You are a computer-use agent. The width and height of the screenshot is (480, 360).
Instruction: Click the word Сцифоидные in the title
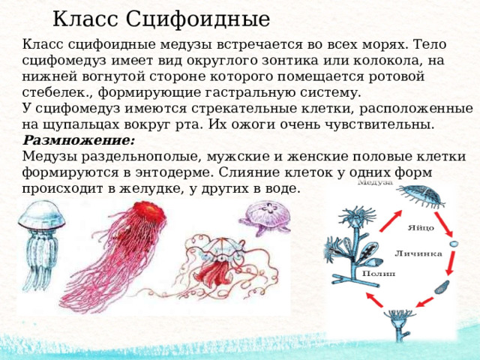pos(198,19)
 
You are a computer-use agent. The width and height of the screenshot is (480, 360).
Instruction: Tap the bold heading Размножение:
pos(78,140)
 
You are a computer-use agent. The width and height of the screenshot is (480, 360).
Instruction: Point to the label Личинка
pos(418,253)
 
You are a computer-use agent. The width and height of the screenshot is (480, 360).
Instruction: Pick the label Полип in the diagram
pos(378,273)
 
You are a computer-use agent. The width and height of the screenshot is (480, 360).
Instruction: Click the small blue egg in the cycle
pos(454,244)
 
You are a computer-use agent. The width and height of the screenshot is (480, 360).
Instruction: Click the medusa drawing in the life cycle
pos(421,196)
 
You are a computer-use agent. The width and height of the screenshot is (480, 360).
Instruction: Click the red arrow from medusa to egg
pos(443,225)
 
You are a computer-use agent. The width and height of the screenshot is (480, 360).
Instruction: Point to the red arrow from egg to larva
pos(451,262)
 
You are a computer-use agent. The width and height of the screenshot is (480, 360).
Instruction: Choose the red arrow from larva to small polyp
pos(424,301)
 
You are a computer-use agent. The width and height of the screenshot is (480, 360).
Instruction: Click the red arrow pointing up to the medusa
pos(391,221)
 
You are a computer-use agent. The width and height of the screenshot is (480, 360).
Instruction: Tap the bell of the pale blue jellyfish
pos(42,215)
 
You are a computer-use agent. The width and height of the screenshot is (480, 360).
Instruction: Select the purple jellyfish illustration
pos(265,217)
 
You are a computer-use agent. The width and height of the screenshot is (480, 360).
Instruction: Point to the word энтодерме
pos(174,172)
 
